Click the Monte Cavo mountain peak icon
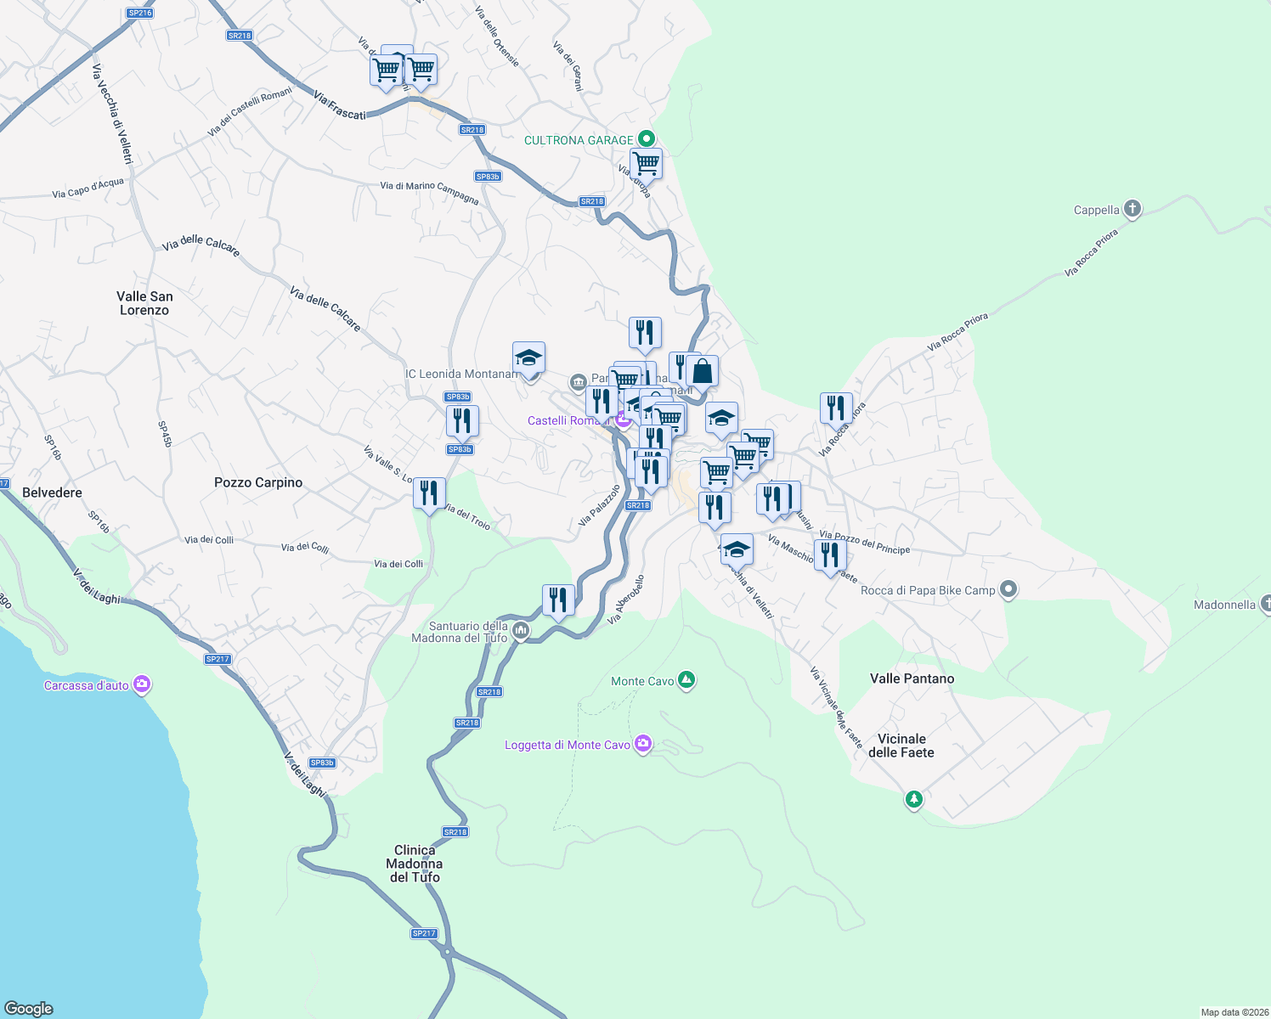pos(686,680)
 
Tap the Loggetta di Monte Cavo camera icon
pos(643,745)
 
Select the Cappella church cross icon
pos(1132,209)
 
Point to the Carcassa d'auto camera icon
pos(142,684)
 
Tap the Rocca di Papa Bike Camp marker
pos(1008,589)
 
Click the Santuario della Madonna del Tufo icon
pos(520,631)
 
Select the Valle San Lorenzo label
pos(144,303)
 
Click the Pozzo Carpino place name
pos(258,482)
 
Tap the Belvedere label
pos(52,493)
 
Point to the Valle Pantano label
pos(912,678)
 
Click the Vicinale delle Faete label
pos(901,746)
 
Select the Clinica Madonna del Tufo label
pos(415,864)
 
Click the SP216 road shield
pos(139,13)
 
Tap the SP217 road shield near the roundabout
pos(424,933)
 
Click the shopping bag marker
pos(703,371)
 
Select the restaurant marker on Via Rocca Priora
pos(836,408)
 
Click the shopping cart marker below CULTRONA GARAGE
pos(646,163)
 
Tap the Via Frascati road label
pos(339,105)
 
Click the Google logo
pos(29,1009)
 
